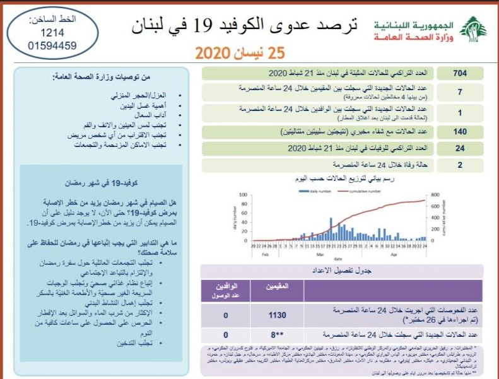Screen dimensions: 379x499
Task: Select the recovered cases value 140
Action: coord(460,132)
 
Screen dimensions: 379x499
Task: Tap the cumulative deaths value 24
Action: coord(460,149)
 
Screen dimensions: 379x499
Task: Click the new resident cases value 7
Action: coord(460,92)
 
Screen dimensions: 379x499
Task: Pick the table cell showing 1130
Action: coord(278,315)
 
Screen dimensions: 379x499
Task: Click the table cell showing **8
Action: coord(278,335)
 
